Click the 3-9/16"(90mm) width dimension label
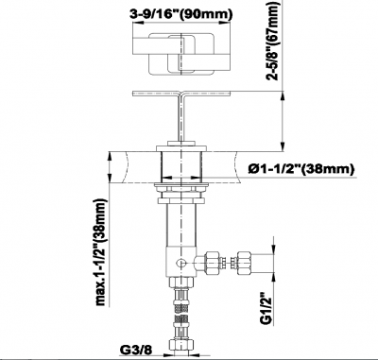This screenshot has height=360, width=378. click(182, 13)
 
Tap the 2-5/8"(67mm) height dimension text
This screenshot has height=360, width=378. click(273, 41)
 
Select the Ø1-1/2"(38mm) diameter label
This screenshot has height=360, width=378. click(301, 169)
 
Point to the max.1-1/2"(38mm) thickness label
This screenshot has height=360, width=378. click(102, 252)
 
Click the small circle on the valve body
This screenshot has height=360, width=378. click(181, 263)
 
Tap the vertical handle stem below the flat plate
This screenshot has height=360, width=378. click(181, 118)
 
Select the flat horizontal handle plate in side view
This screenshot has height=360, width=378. click(181, 94)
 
